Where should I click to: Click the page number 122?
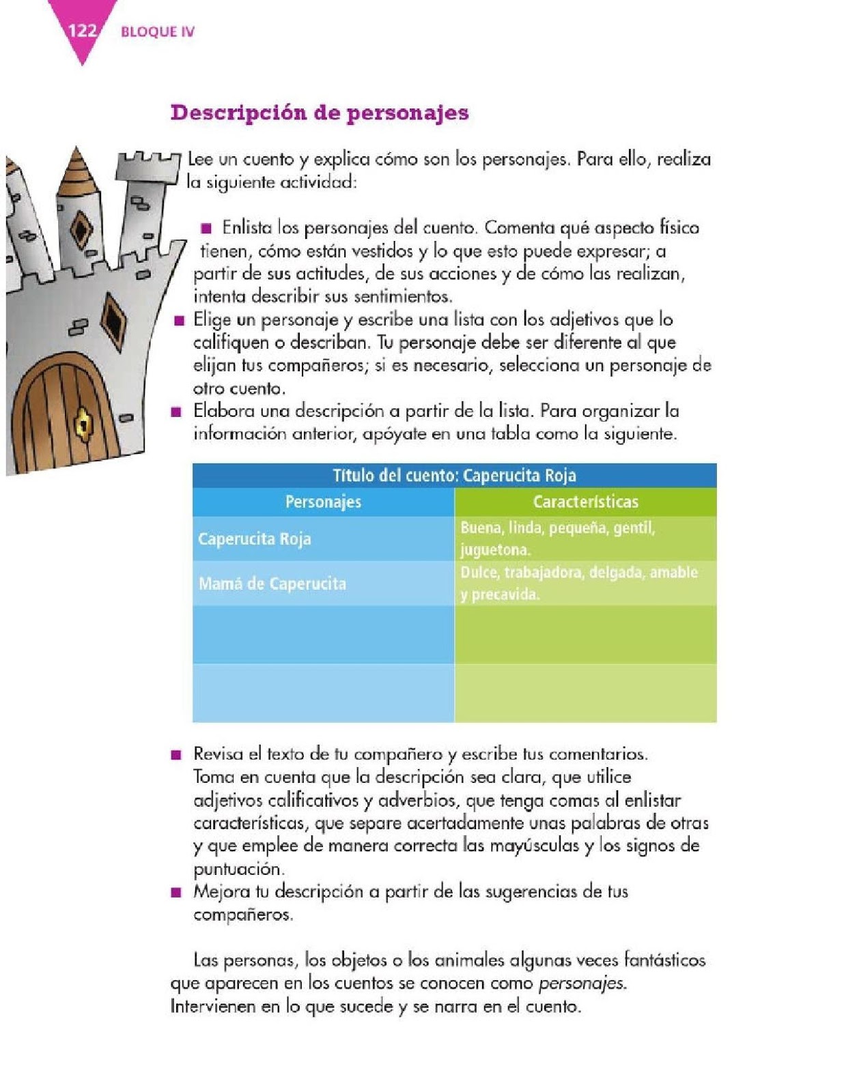[81, 31]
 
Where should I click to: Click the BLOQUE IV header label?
[157, 32]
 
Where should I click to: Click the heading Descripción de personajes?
[319, 113]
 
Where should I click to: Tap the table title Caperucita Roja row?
[454, 475]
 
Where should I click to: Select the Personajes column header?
[323, 502]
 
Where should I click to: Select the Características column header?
[585, 502]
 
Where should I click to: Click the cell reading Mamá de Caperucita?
[272, 584]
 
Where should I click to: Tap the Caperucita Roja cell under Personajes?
[254, 538]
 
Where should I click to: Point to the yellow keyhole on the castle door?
[83, 423]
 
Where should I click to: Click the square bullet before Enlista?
[206, 227]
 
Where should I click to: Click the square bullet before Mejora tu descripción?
[177, 892]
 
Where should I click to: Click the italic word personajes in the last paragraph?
[581, 983]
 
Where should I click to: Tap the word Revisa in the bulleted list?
[218, 754]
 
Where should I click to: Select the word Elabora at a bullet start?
[221, 411]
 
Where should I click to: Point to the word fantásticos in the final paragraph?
[664, 960]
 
